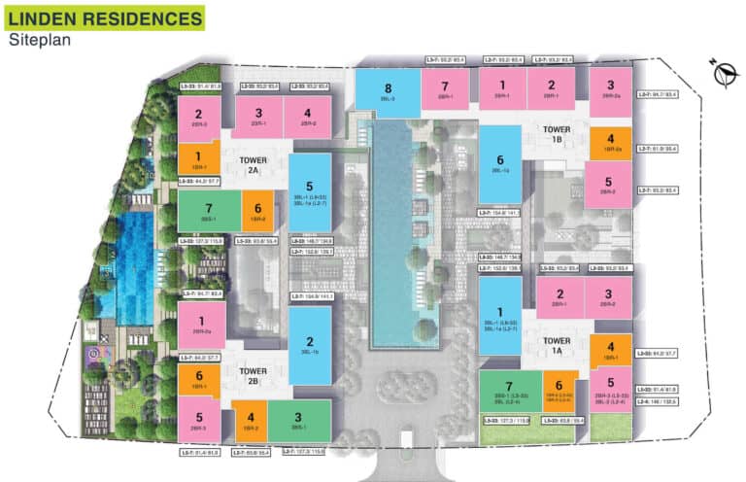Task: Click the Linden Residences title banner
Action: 103,17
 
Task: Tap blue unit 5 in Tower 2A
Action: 309,190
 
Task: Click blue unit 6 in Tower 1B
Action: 501,165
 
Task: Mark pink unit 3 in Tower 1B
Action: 610,89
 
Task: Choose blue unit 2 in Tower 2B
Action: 309,345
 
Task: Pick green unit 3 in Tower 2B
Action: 297,421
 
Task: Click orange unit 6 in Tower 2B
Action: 199,379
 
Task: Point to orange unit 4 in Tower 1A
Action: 610,351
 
